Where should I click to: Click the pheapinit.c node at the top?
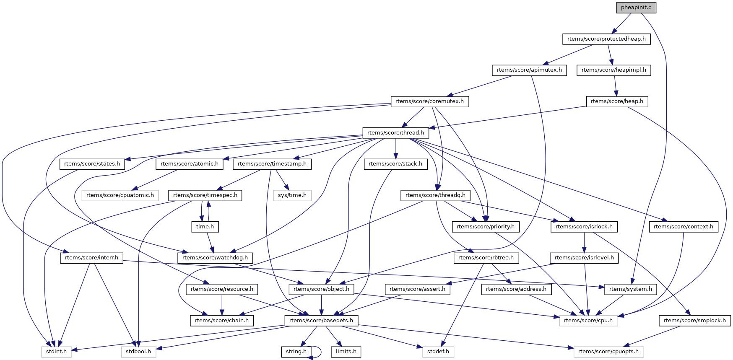pos(636,8)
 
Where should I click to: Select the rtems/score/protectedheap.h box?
pos(606,39)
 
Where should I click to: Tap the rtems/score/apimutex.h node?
pos(529,70)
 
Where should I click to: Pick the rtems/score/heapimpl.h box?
pos(614,70)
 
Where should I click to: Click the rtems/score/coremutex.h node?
pos(429,101)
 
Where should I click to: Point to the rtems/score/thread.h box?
pos(395,133)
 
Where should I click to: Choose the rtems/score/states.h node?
pos(92,164)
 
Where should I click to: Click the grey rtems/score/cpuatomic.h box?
pos(120,195)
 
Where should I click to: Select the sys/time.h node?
pos(292,195)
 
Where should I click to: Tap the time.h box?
pos(205,227)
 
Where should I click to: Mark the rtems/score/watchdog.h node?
pos(215,258)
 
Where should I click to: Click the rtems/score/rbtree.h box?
pos(486,258)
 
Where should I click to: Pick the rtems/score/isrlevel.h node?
pos(584,258)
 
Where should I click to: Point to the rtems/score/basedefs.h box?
pos(321,321)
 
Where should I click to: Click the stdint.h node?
pos(57,352)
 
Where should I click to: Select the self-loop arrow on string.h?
pos(320,352)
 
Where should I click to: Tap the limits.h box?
pos(346,352)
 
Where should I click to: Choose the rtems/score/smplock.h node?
pos(695,321)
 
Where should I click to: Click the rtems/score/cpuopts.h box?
pos(608,352)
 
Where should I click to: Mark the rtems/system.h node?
pos(631,289)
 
